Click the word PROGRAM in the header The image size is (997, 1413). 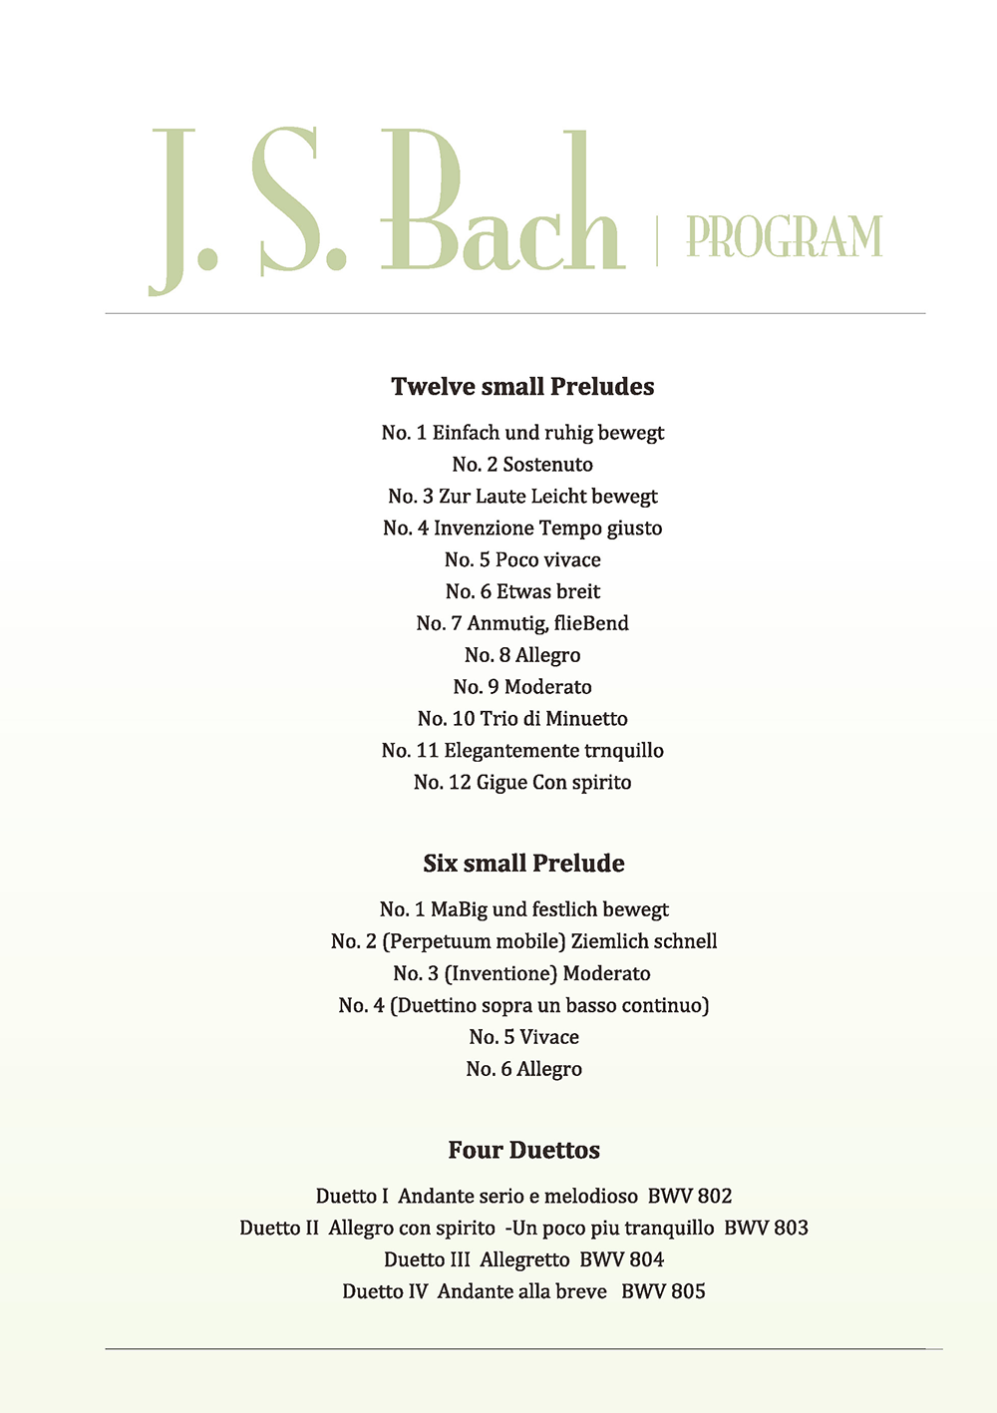click(x=784, y=237)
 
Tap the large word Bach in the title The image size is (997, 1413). click(x=502, y=204)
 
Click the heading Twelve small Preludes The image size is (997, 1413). click(x=522, y=387)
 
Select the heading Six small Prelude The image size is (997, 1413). click(x=523, y=864)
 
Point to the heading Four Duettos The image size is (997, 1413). click(x=523, y=1151)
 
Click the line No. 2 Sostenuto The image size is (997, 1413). click(x=522, y=465)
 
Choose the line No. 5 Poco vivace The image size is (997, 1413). click(x=522, y=560)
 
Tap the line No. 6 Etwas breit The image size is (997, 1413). click(x=522, y=592)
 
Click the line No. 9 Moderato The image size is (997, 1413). click(x=522, y=688)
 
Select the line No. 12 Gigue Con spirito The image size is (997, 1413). click(x=522, y=783)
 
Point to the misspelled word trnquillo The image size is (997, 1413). click(x=624, y=751)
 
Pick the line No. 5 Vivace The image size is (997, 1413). click(x=523, y=1038)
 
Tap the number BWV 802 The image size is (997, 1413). click(x=690, y=1197)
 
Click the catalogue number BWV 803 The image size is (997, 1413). click(x=766, y=1229)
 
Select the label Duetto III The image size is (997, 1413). click(x=427, y=1260)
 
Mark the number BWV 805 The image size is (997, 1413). click(x=663, y=1292)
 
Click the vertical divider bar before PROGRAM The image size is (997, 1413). click(x=656, y=239)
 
